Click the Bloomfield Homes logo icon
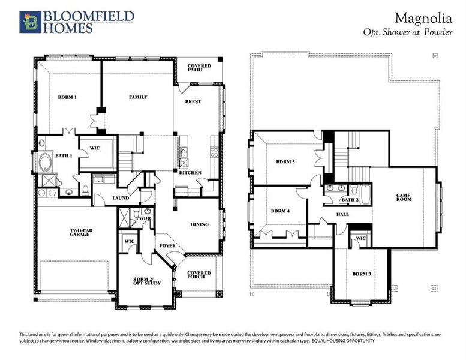pos(29,21)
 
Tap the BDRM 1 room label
pos(67,97)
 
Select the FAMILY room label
pos(138,97)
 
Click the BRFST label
pos(193,102)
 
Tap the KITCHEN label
pos(190,173)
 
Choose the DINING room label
pos(199,224)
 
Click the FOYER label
pos(167,246)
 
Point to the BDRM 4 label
pos(281,211)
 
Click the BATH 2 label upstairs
pos(350,200)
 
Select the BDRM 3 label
pos(362,274)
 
